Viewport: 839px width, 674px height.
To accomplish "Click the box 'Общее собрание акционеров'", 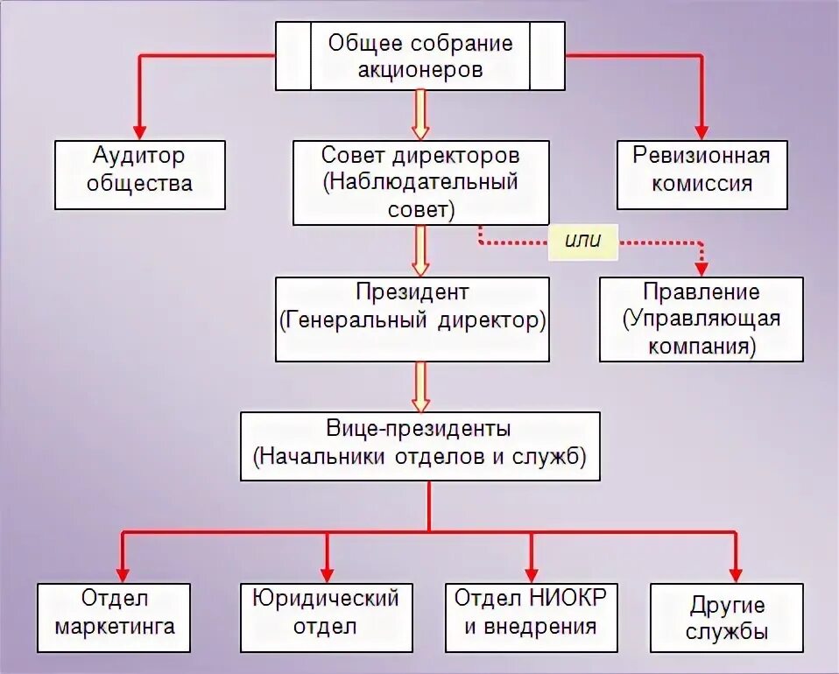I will pyautogui.click(x=420, y=56).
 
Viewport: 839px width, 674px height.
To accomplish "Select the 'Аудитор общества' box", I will pyautogui.click(x=140, y=174).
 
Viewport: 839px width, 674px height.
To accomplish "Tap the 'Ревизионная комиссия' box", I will pyautogui.click(x=702, y=174).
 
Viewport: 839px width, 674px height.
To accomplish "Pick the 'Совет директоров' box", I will pyautogui.click(x=420, y=182).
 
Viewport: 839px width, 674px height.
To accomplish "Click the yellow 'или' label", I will pyautogui.click(x=583, y=241).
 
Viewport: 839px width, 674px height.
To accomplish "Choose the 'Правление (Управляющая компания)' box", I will pyautogui.click(x=701, y=319).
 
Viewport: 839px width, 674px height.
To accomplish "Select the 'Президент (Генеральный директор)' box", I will pyautogui.click(x=412, y=319).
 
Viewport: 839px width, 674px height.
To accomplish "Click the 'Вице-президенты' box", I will pyautogui.click(x=420, y=446).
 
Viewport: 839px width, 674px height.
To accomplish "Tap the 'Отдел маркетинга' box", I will pyautogui.click(x=115, y=617).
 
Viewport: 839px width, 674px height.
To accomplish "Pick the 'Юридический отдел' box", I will pyautogui.click(x=326, y=617).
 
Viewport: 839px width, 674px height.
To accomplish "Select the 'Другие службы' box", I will pyautogui.click(x=727, y=617).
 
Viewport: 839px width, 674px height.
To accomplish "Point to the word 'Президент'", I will pyautogui.click(x=412, y=291).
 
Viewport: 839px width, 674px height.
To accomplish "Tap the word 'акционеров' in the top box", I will pyautogui.click(x=420, y=69).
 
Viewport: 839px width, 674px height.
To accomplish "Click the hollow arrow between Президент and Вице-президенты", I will pyautogui.click(x=421, y=387).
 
